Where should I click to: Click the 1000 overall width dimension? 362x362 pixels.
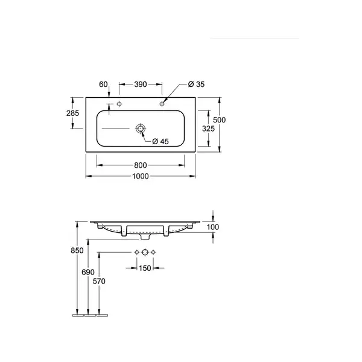[141, 176]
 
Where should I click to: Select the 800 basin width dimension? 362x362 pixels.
[141, 165]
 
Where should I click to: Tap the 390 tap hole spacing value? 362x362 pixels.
[141, 84]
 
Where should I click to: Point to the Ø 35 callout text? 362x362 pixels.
[196, 84]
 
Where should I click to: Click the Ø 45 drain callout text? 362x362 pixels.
[160, 141]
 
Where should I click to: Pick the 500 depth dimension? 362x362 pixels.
[220, 120]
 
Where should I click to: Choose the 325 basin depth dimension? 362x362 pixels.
[208, 129]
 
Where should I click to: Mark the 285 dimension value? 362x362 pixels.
[73, 113]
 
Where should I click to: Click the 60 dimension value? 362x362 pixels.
[103, 84]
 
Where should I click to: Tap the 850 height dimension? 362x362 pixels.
[77, 250]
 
